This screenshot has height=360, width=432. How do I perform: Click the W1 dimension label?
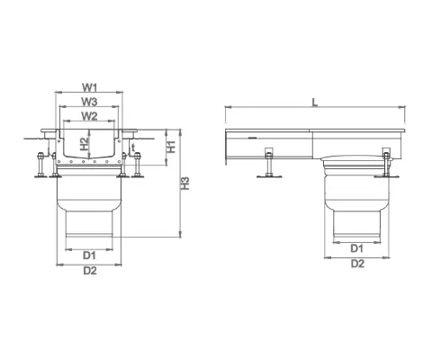coord(88,87)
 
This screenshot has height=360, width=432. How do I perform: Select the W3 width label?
coord(88,103)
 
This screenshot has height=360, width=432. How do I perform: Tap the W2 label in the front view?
coord(88,116)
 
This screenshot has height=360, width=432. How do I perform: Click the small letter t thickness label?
coord(132,148)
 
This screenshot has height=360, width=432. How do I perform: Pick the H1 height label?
coord(172,147)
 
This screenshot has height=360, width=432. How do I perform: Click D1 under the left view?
coord(88,255)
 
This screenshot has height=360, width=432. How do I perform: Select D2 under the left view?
coord(88,269)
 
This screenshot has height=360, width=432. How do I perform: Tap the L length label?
coord(313,103)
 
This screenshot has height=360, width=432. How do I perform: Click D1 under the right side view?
coord(356,247)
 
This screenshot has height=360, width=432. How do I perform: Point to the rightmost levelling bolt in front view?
coord(139,166)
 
